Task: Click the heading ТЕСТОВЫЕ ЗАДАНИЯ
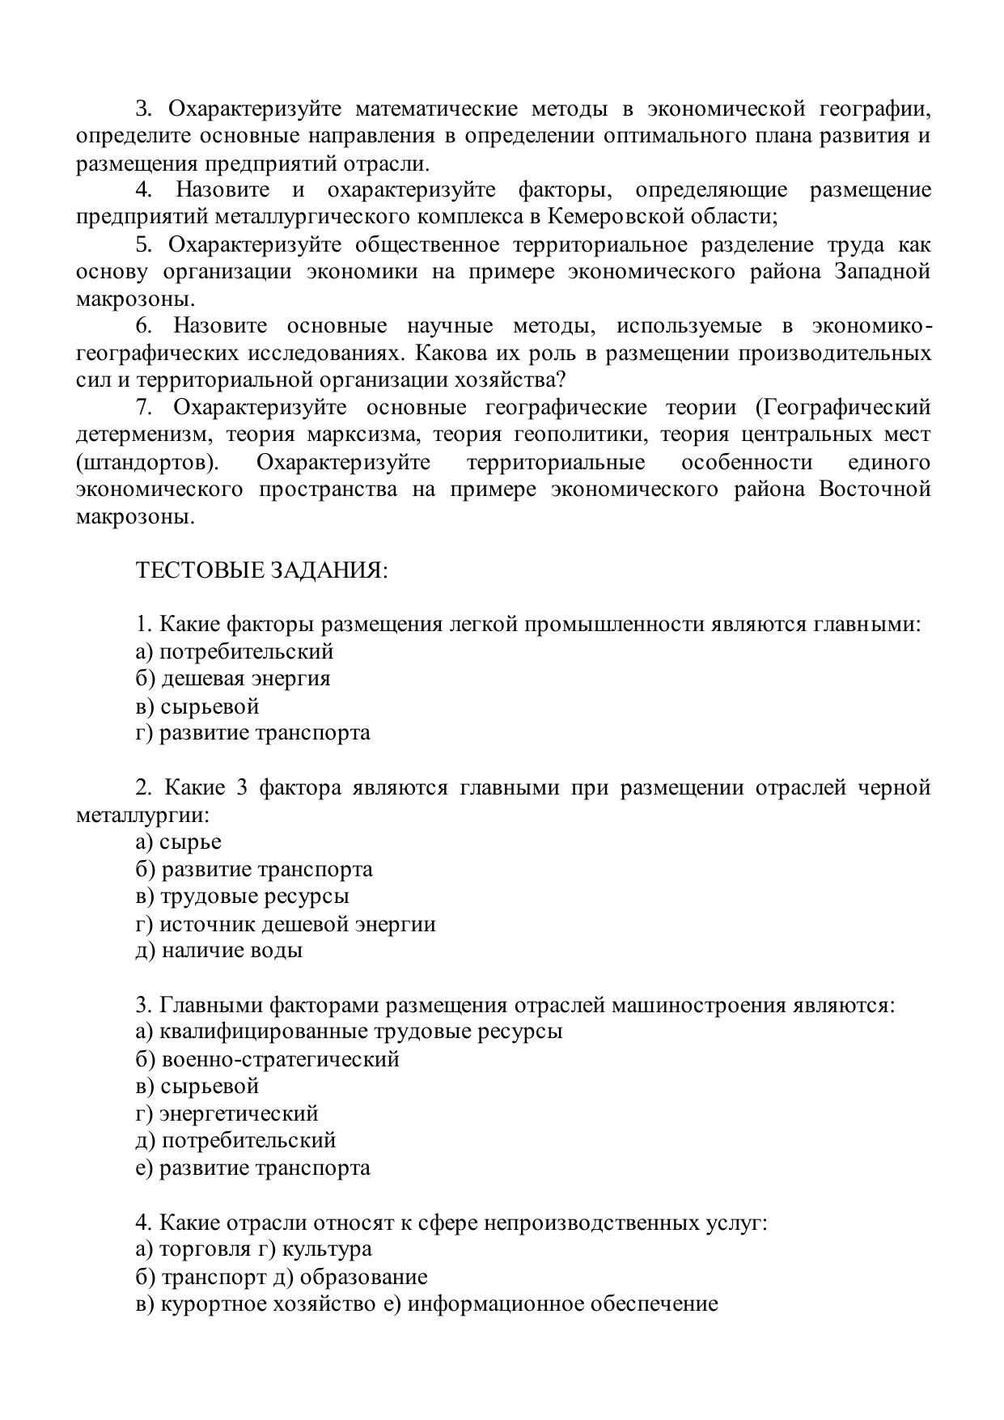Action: (261, 570)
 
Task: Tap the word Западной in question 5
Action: (882, 271)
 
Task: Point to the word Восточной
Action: (875, 489)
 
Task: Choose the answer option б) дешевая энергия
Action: (233, 678)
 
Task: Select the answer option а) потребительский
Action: (235, 651)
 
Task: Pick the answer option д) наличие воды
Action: (219, 950)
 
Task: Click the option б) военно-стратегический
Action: (268, 1058)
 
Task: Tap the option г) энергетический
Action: (227, 1113)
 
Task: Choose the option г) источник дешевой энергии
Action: (286, 923)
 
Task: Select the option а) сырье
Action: (179, 841)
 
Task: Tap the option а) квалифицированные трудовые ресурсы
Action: (349, 1031)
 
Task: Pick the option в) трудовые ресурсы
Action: (243, 896)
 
